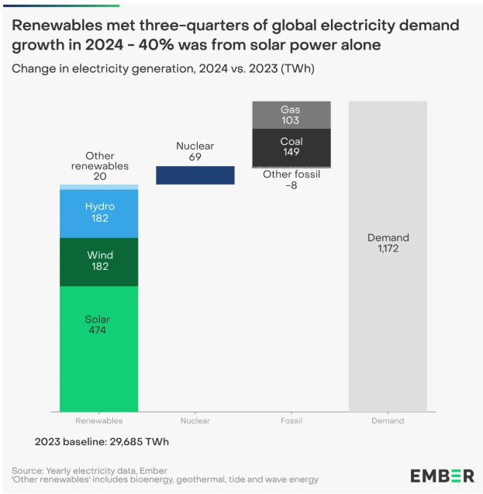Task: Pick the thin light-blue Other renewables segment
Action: tap(98, 187)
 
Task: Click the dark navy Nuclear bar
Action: tap(195, 175)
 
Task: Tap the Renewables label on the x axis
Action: tap(98, 420)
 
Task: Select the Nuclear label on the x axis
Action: tap(195, 420)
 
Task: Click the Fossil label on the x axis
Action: tap(292, 420)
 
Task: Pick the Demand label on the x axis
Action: tap(388, 420)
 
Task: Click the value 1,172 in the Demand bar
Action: tap(388, 249)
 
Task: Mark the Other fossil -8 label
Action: tap(292, 180)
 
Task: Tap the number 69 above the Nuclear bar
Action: tap(195, 157)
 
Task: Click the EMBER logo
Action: tap(442, 475)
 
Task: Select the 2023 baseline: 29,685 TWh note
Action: tap(102, 441)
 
